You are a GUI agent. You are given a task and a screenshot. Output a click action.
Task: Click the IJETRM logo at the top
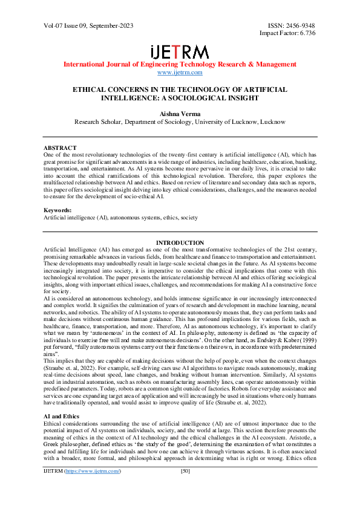(180, 51)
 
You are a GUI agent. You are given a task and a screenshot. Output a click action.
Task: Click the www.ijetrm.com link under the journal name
(180, 73)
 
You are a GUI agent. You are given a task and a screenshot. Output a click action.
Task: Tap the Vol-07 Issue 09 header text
(88, 26)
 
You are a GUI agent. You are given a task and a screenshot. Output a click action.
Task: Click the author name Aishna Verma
(180, 112)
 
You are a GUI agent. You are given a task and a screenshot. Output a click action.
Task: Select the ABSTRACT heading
(60, 148)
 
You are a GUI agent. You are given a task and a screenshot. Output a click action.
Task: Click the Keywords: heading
(59, 210)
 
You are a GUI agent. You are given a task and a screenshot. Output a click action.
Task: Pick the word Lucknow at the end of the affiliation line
(273, 121)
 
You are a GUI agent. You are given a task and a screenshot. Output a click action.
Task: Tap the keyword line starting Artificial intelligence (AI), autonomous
(121, 216)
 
